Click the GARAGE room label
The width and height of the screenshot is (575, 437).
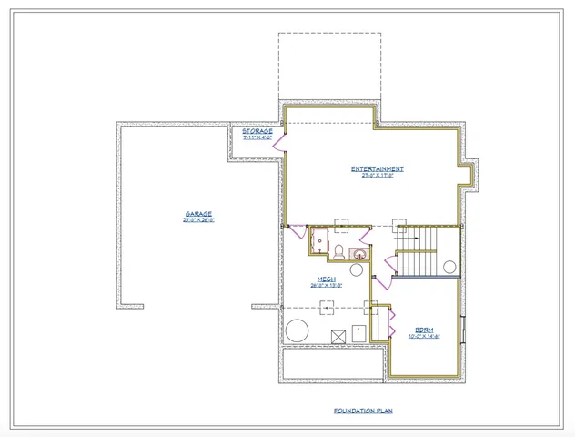click(197, 214)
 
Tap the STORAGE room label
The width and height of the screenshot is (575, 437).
click(257, 131)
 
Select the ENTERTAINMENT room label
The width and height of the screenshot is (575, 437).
click(378, 168)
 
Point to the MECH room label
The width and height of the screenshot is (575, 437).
click(326, 279)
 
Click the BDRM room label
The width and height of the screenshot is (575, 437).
click(424, 329)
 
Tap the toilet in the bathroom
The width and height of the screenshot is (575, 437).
click(338, 252)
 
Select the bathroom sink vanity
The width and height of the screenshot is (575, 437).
click(360, 254)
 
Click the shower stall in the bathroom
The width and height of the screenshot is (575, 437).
click(319, 241)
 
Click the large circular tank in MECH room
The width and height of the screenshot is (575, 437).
click(298, 330)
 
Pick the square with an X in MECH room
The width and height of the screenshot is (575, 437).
click(338, 336)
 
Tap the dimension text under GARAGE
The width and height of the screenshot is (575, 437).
click(197, 220)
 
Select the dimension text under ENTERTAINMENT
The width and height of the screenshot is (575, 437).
click(378, 175)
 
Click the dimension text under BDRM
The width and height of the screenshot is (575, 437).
click(424, 335)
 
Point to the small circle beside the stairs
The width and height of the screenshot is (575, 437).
click(449, 266)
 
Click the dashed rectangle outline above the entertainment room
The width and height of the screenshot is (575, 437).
click(329, 67)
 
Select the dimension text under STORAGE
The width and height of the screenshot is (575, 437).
click(257, 137)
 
